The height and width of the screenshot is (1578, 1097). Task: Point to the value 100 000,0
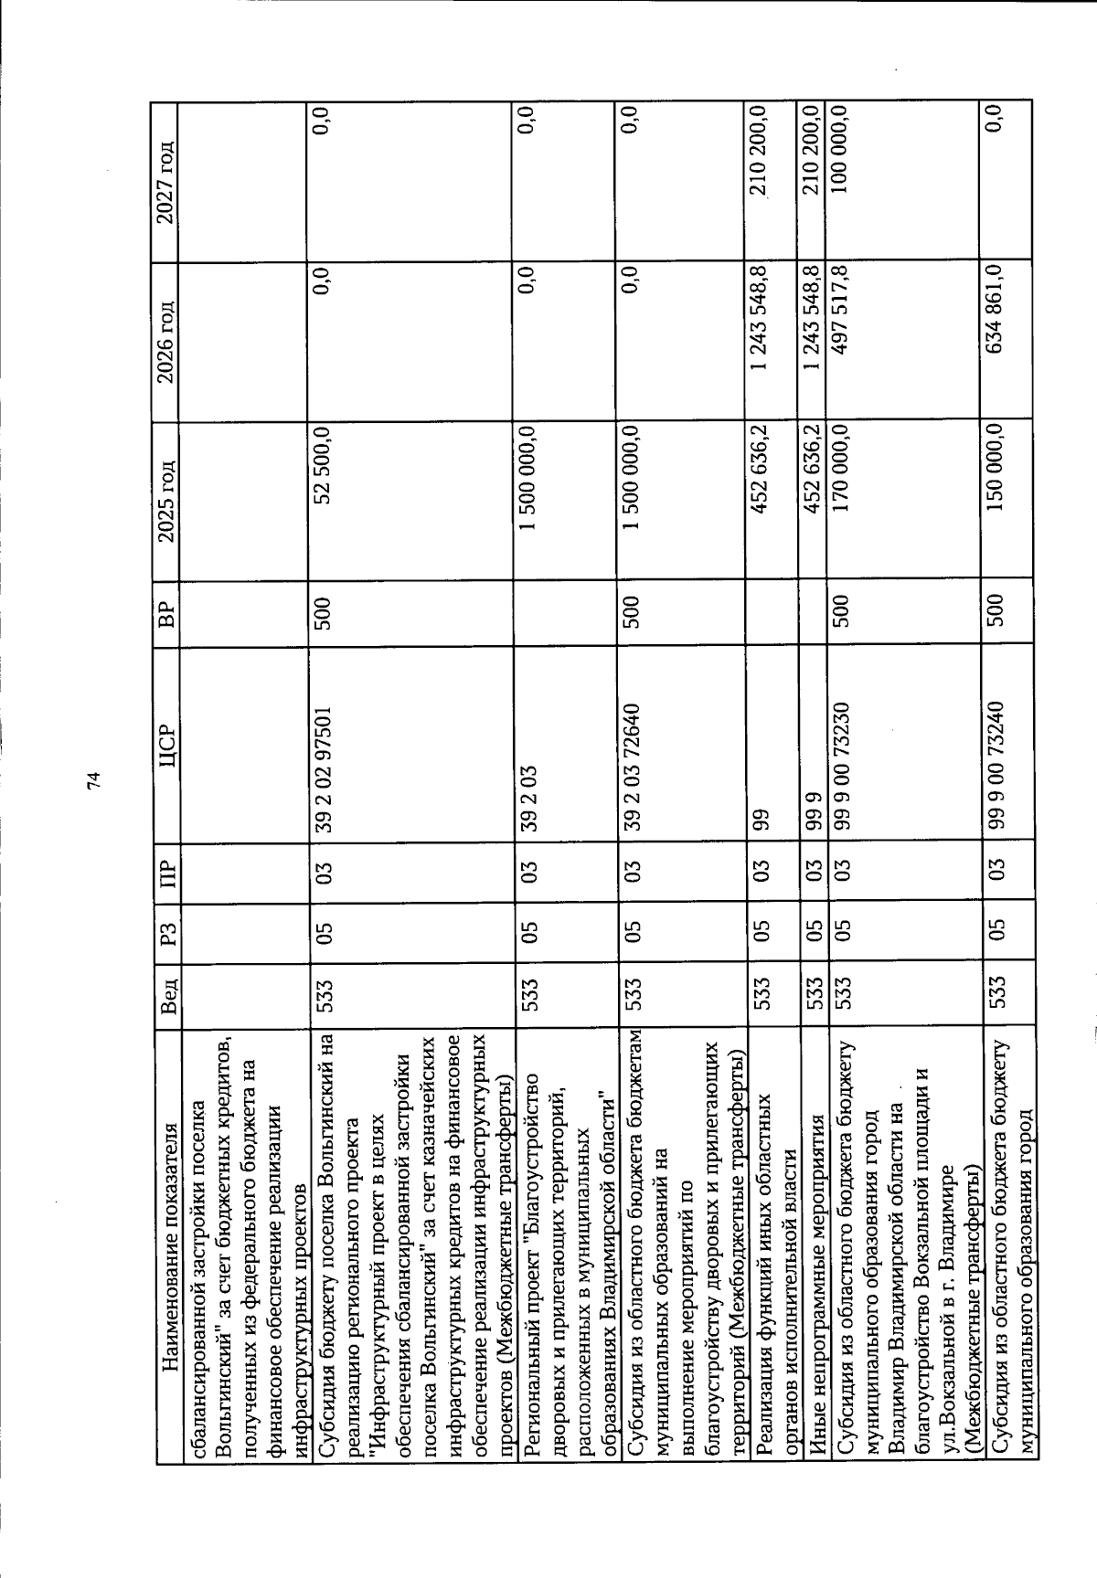(x=840, y=155)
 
